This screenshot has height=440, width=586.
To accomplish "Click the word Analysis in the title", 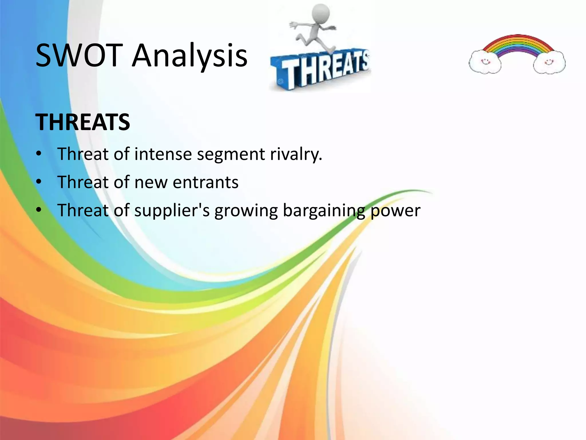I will tap(189, 56).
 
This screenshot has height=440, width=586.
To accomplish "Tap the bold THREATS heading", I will tap(83, 122).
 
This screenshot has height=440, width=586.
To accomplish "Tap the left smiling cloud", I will tap(485, 62).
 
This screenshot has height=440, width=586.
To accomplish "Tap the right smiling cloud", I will tap(549, 62).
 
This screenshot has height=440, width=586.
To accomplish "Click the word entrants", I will tap(205, 182).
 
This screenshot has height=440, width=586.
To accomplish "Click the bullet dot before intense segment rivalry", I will tap(39, 154).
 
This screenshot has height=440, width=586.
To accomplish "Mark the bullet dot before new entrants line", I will tap(39, 182).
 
